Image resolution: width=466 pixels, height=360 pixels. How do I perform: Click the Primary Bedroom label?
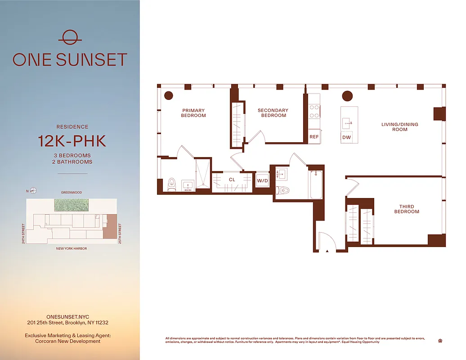point(193,113)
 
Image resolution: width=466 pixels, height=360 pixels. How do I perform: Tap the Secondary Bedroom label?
point(273,113)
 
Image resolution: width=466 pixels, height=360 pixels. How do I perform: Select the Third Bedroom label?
point(407,209)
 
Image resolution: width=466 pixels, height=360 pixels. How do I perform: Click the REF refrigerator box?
point(314,137)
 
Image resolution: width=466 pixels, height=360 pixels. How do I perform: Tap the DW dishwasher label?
point(346,137)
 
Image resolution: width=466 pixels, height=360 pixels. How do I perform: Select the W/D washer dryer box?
point(262,181)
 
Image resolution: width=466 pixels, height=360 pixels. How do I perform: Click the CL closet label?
point(232,180)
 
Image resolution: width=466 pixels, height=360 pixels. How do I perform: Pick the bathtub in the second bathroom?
point(316,184)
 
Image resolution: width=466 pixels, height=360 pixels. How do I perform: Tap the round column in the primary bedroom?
point(169,96)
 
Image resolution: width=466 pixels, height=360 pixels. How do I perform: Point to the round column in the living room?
point(347,96)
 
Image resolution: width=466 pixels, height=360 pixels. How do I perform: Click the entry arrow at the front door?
point(327,250)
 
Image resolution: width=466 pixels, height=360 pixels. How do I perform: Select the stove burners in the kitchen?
point(314,111)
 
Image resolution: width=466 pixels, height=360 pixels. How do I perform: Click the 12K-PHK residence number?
point(72,141)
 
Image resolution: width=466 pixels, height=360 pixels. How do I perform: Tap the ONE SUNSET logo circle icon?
point(70,37)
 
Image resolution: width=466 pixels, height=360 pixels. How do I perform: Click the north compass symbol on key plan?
point(33,190)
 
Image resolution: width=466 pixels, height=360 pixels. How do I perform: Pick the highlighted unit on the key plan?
point(110,226)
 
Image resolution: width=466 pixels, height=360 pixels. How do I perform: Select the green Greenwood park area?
point(72,205)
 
